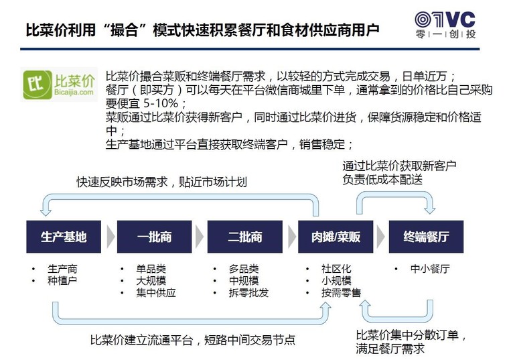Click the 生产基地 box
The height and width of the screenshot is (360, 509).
click(x=64, y=237)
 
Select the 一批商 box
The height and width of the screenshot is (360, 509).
click(x=154, y=237)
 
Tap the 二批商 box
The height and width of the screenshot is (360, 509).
click(x=244, y=237)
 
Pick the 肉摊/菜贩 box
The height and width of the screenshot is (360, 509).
click(x=336, y=237)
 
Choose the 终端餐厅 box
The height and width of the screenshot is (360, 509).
click(x=426, y=237)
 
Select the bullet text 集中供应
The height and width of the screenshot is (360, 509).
click(x=156, y=293)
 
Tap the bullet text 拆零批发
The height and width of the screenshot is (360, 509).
click(x=248, y=293)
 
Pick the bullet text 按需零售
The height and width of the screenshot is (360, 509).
click(x=341, y=293)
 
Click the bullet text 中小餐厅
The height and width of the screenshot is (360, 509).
click(x=430, y=269)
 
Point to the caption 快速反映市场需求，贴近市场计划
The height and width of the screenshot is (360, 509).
click(x=161, y=182)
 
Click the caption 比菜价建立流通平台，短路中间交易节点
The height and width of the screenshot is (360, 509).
click(x=192, y=339)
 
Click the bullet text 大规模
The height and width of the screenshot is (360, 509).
click(x=151, y=281)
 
